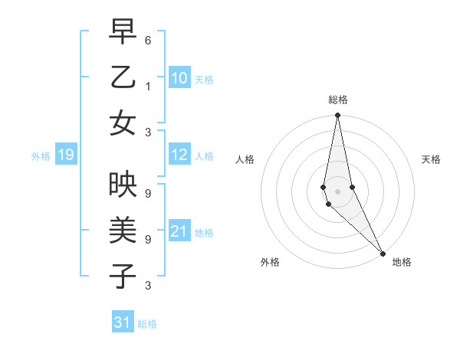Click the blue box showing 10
[x=179, y=78]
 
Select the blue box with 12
[x=179, y=155]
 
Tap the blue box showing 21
[x=179, y=231]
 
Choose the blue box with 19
[x=65, y=155]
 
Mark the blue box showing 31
[x=123, y=322]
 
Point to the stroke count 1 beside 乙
[x=148, y=85]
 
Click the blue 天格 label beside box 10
[x=204, y=80]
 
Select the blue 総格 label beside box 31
[x=147, y=324]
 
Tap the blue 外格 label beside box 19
[x=41, y=156]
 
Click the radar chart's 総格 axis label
[x=338, y=100]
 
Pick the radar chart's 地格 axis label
[x=402, y=262]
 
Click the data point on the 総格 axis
[x=337, y=116]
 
